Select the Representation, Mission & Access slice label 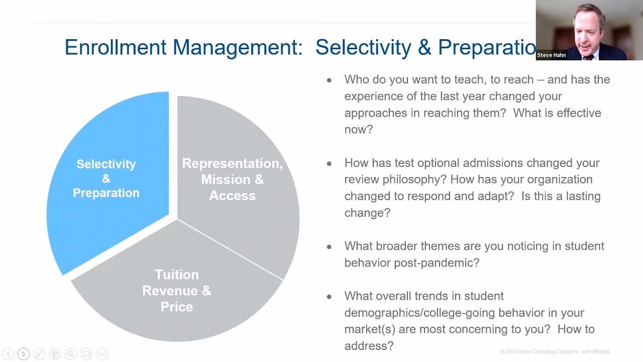[232, 179]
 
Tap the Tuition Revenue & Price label [176, 291]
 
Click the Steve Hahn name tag [551, 55]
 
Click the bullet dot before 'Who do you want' [329, 80]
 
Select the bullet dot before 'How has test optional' [329, 163]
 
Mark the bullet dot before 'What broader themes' [329, 246]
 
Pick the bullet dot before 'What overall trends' [329, 297]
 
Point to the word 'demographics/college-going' [407, 313]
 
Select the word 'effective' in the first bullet [577, 113]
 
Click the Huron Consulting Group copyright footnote [555, 351]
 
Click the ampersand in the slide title [424, 47]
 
